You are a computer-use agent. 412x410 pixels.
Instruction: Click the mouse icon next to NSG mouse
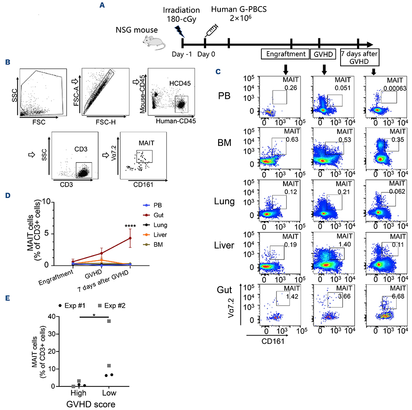[x=155, y=43]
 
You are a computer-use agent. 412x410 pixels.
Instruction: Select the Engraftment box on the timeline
[x=284, y=54]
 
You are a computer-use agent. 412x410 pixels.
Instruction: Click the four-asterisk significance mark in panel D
[x=131, y=226]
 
